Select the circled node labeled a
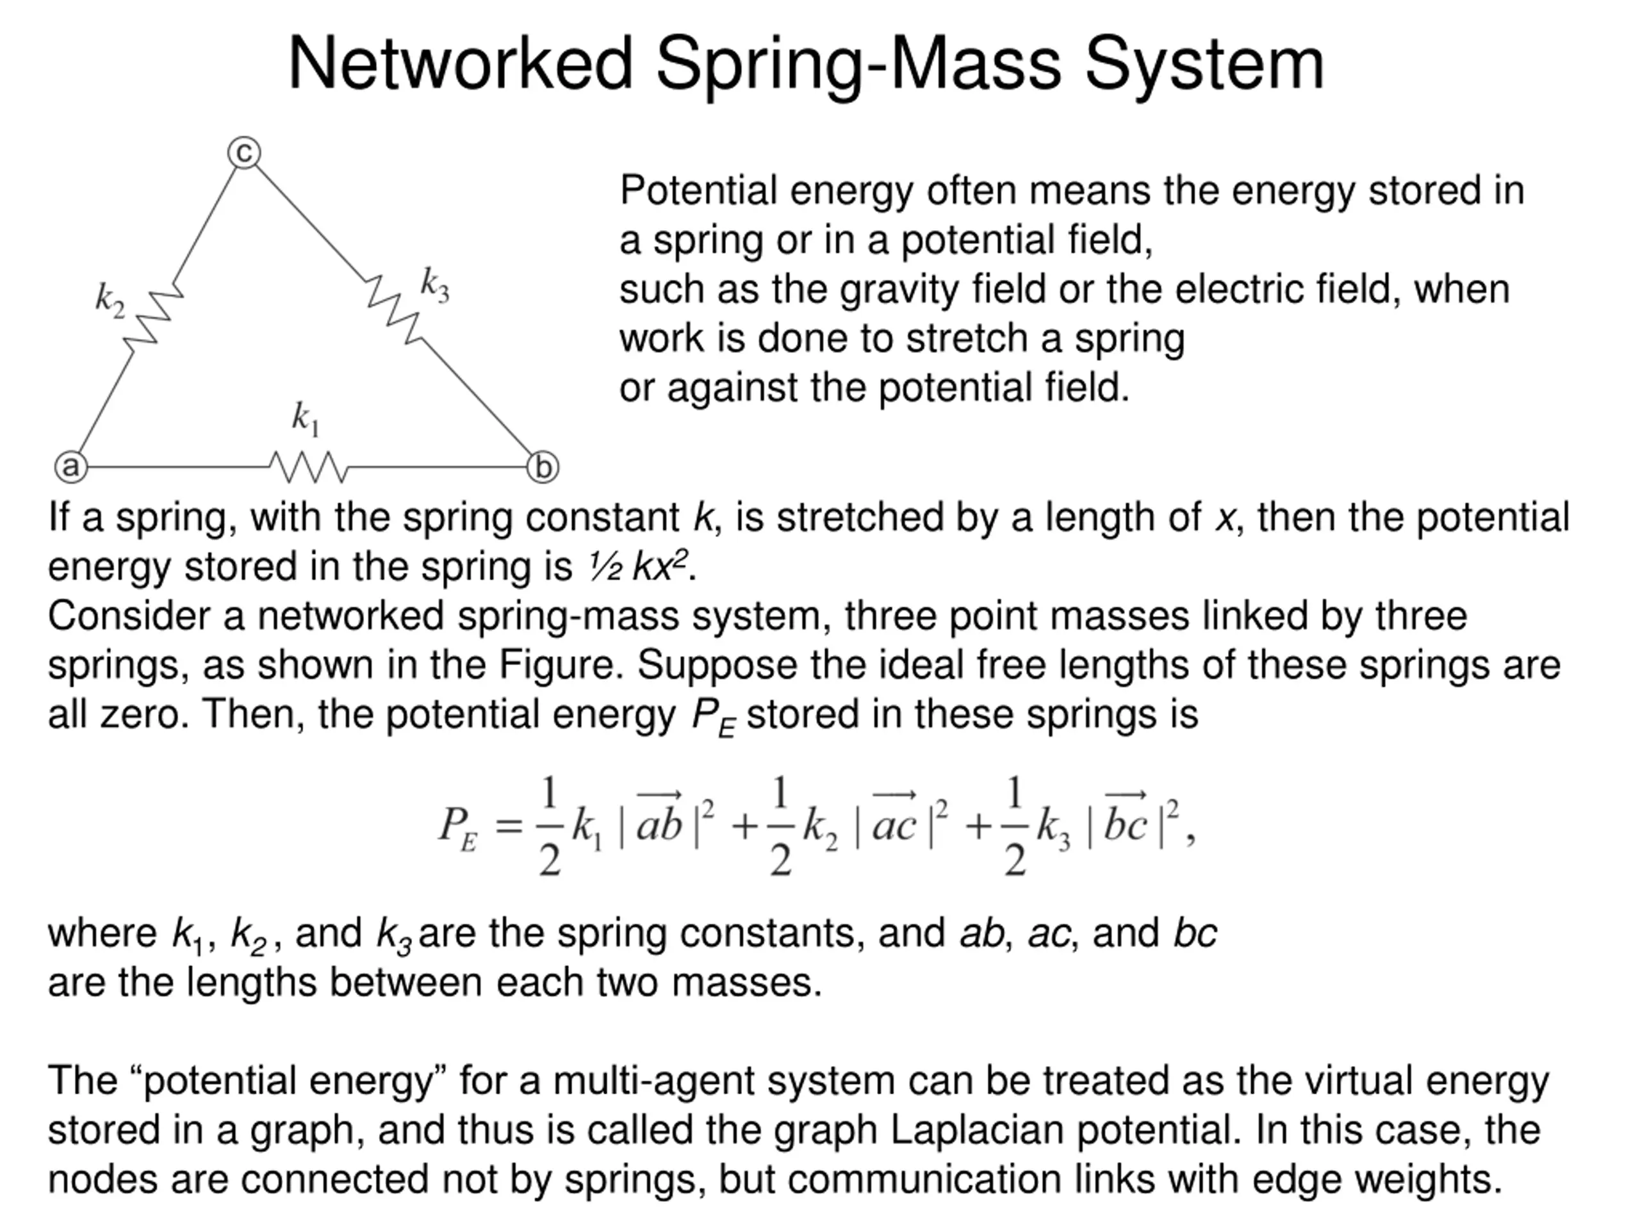71,467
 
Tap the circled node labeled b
543,468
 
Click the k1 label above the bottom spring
305,419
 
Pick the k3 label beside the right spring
434,284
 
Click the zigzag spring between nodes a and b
308,467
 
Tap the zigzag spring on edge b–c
395,310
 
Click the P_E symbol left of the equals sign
457,826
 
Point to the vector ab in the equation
659,820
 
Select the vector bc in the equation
1125,820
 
